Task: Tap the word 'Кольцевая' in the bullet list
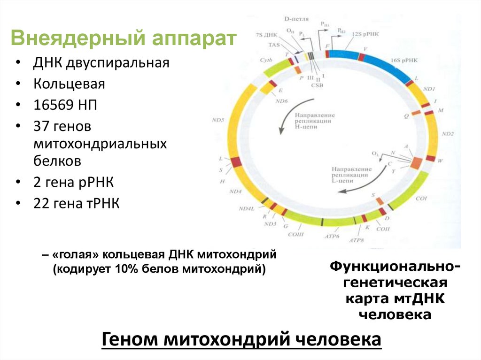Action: (69, 84)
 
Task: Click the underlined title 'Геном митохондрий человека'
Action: (241, 339)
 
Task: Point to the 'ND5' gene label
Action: (217, 120)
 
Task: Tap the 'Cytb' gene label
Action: (265, 61)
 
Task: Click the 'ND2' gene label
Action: (448, 134)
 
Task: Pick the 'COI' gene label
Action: (421, 199)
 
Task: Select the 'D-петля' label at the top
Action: (296, 19)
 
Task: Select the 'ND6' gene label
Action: (282, 100)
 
